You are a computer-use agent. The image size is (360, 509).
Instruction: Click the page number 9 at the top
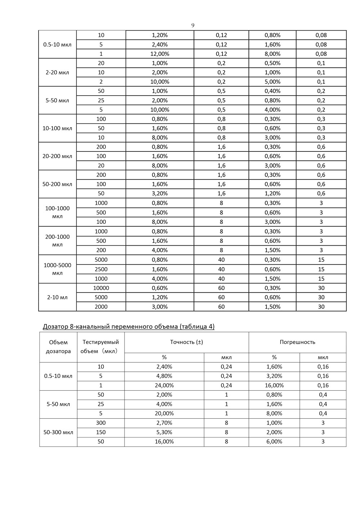tap(193, 25)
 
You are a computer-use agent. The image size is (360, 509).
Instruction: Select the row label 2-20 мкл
tap(57, 72)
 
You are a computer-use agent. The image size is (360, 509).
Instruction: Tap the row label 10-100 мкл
tap(57, 128)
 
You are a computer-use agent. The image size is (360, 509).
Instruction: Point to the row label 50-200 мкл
tap(57, 184)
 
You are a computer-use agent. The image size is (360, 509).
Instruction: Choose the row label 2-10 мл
tap(57, 297)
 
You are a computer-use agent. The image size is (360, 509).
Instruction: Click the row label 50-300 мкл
tap(58, 432)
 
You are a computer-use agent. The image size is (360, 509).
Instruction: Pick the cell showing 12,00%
tap(159, 54)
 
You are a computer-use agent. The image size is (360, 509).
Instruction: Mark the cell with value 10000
tap(101, 288)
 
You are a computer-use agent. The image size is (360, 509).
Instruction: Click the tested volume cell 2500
tap(101, 269)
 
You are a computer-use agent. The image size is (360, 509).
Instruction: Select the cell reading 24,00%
tap(164, 386)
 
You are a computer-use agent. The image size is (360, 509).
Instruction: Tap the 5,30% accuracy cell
tap(164, 432)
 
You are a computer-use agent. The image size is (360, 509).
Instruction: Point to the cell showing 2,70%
tap(164, 423)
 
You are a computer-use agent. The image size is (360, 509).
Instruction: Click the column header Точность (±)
tap(186, 342)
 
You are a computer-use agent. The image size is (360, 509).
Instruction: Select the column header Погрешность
tap(297, 342)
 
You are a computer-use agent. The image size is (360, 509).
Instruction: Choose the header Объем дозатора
tap(58, 347)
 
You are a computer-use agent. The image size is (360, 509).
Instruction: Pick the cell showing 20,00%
tap(164, 414)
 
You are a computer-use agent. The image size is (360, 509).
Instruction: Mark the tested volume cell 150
tap(101, 432)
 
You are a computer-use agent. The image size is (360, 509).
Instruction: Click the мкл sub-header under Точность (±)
tap(226, 358)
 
